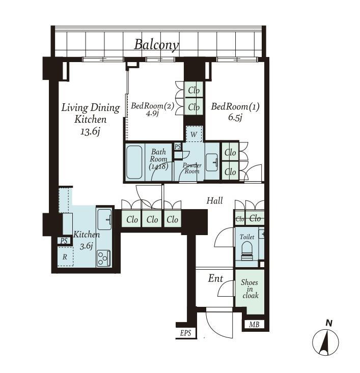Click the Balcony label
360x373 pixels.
[x=156, y=45]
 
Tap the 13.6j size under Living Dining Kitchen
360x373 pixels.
[x=90, y=131]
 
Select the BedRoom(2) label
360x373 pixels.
[x=153, y=106]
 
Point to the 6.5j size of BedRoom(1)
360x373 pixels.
[x=235, y=118]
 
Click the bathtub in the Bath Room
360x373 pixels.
[x=134, y=162]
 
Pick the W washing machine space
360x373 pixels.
[x=194, y=134]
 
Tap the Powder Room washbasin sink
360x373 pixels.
[x=212, y=162]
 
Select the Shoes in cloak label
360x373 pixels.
[x=250, y=289]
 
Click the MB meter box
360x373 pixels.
[x=254, y=324]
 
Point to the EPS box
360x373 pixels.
[x=185, y=333]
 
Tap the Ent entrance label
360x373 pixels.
[x=215, y=278]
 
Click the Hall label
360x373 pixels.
[x=215, y=200]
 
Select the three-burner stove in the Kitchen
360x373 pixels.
[x=103, y=259]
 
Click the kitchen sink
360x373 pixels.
[x=104, y=219]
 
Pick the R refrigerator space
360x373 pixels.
[x=65, y=256]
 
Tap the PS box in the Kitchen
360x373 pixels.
[x=64, y=241]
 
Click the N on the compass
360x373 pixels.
[x=329, y=323]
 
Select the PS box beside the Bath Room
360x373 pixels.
[x=178, y=147]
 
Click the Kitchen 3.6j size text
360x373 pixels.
[x=86, y=246]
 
